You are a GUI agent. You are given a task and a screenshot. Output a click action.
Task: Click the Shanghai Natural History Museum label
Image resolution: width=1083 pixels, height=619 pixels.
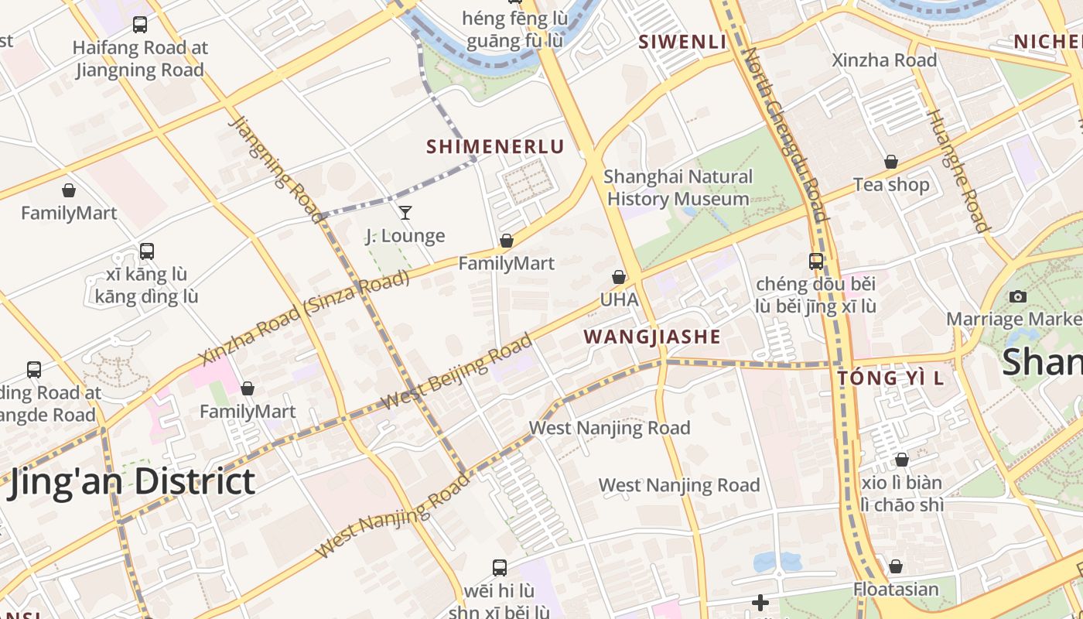(x=678, y=188)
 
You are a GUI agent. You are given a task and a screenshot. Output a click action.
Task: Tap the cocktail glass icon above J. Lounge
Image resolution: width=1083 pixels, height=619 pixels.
(x=405, y=212)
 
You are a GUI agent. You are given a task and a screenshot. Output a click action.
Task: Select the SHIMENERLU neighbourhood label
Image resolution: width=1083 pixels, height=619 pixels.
(x=495, y=146)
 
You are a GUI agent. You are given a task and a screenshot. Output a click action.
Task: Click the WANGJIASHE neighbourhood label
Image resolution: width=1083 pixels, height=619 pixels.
(x=651, y=337)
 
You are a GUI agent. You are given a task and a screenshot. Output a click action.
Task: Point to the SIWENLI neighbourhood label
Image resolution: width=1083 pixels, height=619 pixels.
(x=682, y=42)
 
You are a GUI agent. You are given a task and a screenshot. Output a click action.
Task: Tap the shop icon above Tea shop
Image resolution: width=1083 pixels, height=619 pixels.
(x=891, y=162)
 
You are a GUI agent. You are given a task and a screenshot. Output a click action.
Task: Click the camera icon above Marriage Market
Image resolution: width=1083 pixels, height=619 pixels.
(x=1018, y=296)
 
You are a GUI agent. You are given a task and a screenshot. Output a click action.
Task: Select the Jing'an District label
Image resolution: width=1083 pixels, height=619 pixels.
(x=132, y=482)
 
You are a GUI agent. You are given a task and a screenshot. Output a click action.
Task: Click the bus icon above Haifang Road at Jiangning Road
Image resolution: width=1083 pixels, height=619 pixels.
(x=139, y=25)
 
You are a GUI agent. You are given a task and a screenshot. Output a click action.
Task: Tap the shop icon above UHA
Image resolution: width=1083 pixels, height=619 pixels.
(x=619, y=277)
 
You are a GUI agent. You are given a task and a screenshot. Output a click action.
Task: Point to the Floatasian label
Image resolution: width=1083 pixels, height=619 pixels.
(x=896, y=589)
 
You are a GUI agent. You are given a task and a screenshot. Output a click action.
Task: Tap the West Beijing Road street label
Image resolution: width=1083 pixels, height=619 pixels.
(x=456, y=372)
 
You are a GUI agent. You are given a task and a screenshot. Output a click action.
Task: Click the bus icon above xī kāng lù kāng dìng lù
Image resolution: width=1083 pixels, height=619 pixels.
(x=146, y=251)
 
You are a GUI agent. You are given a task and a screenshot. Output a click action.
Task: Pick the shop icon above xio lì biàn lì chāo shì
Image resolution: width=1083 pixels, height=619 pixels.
(x=901, y=460)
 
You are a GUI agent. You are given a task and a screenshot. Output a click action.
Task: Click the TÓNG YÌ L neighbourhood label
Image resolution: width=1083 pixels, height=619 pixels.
(x=890, y=378)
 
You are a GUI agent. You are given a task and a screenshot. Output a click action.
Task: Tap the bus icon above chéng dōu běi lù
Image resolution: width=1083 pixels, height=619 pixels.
(x=816, y=262)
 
